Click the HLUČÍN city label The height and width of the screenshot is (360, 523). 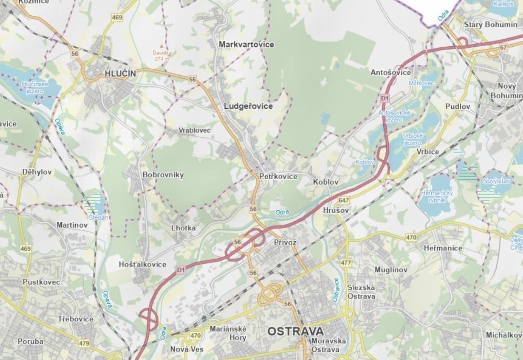(119, 73)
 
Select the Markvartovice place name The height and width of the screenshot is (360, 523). (246, 45)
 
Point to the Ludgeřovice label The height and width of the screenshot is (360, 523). (248, 106)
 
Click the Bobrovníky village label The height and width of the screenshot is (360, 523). (163, 175)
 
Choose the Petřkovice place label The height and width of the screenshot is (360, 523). (278, 176)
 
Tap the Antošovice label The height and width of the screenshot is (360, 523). (390, 72)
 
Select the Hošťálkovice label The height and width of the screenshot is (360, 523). (143, 265)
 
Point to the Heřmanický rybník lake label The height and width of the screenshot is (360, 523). (431, 196)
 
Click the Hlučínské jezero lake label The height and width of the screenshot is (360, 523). (35, 87)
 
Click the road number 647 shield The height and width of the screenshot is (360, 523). (345, 201)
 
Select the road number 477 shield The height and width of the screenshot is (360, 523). (346, 263)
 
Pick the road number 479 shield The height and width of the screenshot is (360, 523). (84, 343)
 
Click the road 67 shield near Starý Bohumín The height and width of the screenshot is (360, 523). (503, 47)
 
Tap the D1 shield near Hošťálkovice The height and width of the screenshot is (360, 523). (181, 270)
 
